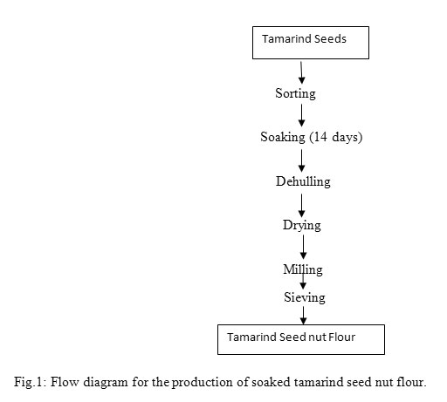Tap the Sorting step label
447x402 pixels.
click(x=295, y=93)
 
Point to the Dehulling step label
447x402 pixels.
click(x=303, y=181)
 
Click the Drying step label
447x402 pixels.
click(x=302, y=225)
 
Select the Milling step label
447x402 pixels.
click(x=303, y=269)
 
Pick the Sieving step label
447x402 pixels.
click(x=305, y=297)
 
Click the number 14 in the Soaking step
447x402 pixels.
click(x=320, y=137)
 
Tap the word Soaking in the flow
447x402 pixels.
click(x=283, y=137)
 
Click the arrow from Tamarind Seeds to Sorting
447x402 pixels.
click(x=301, y=72)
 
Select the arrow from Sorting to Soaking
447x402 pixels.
click(x=301, y=115)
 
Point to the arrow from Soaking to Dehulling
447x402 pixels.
click(x=301, y=160)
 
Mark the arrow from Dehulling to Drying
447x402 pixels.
click(x=301, y=206)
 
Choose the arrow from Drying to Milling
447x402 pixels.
click(x=303, y=247)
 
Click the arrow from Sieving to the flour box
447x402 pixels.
click(x=303, y=316)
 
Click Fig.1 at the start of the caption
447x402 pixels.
click(x=30, y=382)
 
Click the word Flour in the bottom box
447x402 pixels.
click(x=341, y=337)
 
